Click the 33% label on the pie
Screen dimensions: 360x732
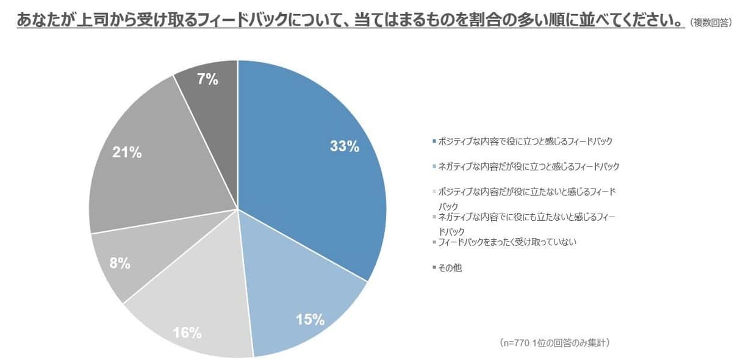344,146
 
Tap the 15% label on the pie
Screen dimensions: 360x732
310,319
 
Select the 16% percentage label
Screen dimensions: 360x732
187,333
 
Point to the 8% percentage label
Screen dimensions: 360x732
120,264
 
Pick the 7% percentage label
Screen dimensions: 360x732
208,79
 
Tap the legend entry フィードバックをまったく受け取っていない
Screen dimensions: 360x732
507,242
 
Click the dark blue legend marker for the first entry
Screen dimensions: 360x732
434,142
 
